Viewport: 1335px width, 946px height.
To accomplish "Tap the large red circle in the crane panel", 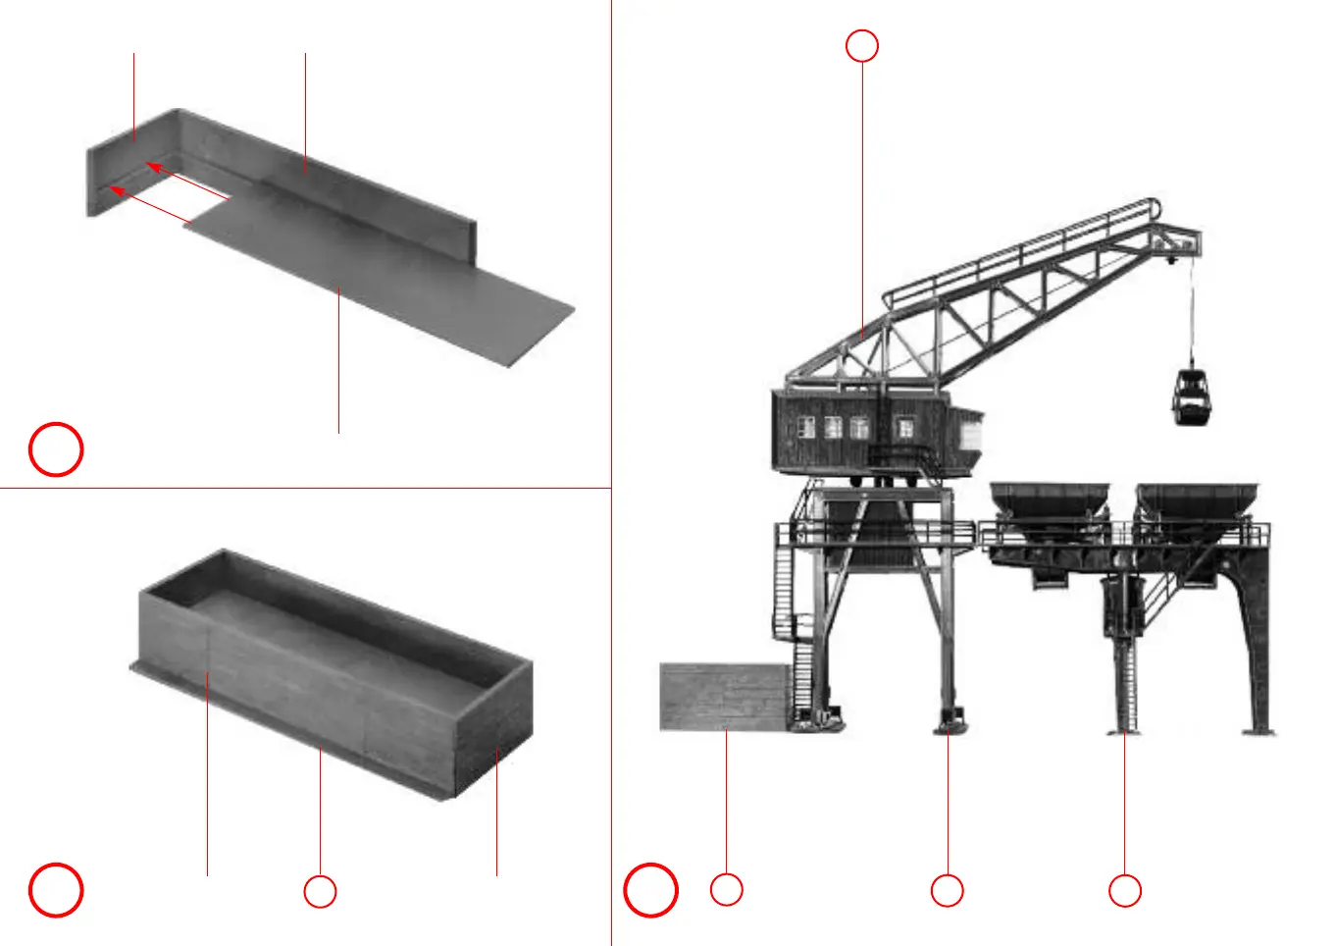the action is (650, 890).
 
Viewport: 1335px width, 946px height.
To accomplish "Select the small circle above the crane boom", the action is (862, 46).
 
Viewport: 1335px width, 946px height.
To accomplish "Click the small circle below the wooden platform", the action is (726, 889).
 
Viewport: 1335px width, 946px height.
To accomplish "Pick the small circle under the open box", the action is (320, 891).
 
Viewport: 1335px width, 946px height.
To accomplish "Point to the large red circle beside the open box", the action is (56, 890).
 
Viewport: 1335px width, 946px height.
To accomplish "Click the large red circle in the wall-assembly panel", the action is (56, 449).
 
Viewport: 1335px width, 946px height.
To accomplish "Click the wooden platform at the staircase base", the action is (724, 697).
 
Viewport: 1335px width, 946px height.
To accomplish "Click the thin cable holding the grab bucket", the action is (1193, 314).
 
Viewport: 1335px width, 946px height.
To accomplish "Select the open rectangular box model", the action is (334, 672).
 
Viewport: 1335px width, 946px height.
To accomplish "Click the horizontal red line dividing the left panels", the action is (304, 488).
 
